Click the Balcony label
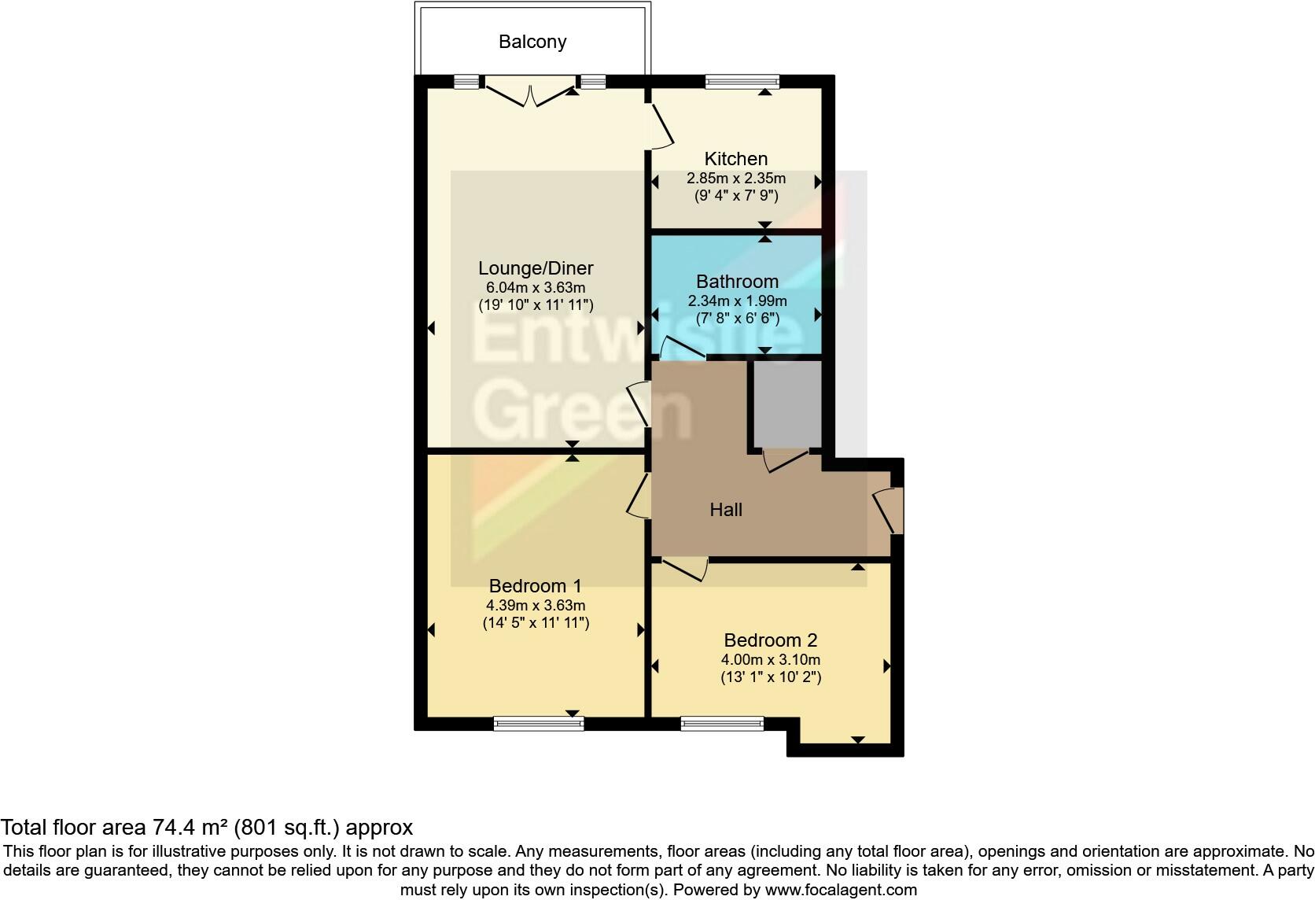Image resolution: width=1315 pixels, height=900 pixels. (532, 42)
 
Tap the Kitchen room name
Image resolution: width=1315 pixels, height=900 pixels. (735, 159)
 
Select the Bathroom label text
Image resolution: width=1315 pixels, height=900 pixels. (737, 282)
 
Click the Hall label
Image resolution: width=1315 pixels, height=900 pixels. (726, 510)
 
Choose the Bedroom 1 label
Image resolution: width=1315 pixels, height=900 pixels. (536, 586)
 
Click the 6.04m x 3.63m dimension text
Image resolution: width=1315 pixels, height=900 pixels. (536, 288)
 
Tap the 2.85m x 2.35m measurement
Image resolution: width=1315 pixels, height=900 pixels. (735, 179)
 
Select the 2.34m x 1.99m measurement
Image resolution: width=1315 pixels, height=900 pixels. (737, 301)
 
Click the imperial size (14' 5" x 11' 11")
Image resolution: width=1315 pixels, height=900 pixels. (536, 623)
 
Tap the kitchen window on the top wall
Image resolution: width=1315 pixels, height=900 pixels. (742, 81)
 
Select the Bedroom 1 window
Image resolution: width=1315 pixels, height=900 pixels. (539, 724)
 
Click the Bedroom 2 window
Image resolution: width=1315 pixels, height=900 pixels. (722, 724)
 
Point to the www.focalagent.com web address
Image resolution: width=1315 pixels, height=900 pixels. (841, 891)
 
